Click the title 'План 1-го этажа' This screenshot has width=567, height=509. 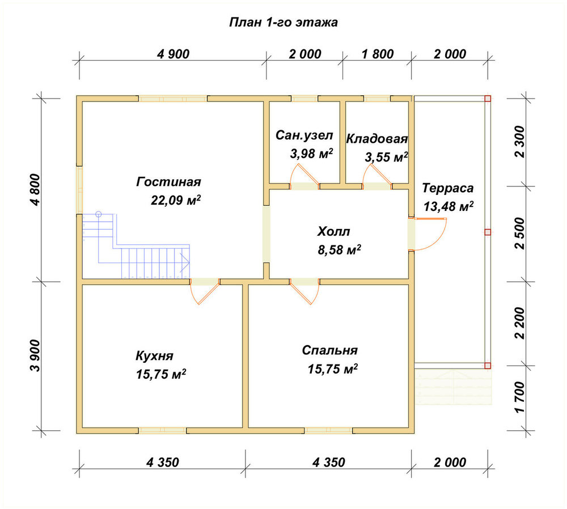(x=283, y=23)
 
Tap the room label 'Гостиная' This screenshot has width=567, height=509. (x=168, y=181)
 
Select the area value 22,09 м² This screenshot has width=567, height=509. (x=176, y=200)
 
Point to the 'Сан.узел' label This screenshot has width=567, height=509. (x=304, y=135)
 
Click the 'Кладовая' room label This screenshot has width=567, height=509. (x=377, y=139)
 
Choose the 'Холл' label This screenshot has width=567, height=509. (x=333, y=231)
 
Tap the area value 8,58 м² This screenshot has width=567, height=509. (x=339, y=250)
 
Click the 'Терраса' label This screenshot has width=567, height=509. (x=448, y=188)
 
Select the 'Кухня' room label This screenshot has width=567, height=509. (x=154, y=356)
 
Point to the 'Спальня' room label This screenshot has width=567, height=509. (x=330, y=350)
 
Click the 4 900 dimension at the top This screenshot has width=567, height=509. (x=173, y=54)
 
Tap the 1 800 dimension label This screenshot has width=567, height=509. (x=378, y=54)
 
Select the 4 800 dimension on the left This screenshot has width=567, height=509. (x=35, y=190)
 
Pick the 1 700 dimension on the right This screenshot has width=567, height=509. (x=519, y=397)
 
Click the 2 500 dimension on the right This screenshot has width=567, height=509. (x=519, y=233)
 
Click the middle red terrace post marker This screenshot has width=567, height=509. (x=488, y=232)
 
